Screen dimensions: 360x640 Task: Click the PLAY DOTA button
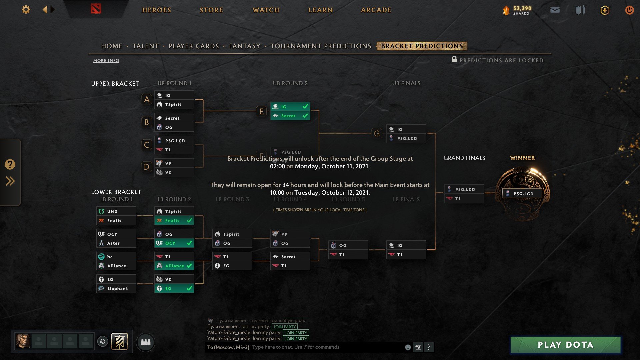pyautogui.click(x=565, y=345)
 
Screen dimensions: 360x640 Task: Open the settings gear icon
pyautogui.click(x=26, y=10)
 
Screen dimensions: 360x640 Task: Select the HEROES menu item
pyautogui.click(x=157, y=10)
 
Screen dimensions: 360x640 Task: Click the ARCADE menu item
pyautogui.click(x=376, y=10)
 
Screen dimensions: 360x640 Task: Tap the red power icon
pyautogui.click(x=629, y=10)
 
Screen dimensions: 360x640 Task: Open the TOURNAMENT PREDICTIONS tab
pyautogui.click(x=321, y=46)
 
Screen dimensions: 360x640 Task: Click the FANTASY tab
pyautogui.click(x=244, y=46)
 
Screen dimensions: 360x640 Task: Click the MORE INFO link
pyautogui.click(x=106, y=60)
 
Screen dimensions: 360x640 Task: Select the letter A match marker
pyautogui.click(x=147, y=99)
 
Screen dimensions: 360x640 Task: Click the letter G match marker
pyautogui.click(x=377, y=133)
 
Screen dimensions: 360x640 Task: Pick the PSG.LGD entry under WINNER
pyautogui.click(x=522, y=194)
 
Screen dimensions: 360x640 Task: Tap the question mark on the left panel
pyautogui.click(x=10, y=164)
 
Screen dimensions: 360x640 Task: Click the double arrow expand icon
pyautogui.click(x=10, y=181)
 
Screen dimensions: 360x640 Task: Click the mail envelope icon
pyautogui.click(x=555, y=10)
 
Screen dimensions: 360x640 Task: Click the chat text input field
pyautogui.click(x=327, y=347)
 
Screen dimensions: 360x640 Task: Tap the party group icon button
pyautogui.click(x=146, y=342)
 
